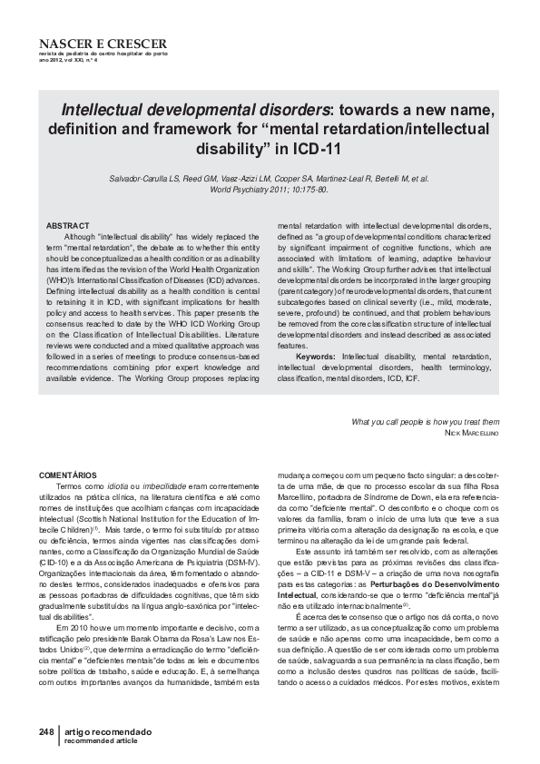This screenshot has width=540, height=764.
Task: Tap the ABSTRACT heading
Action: click(x=68, y=225)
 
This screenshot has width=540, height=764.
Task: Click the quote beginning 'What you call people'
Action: click(x=425, y=422)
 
